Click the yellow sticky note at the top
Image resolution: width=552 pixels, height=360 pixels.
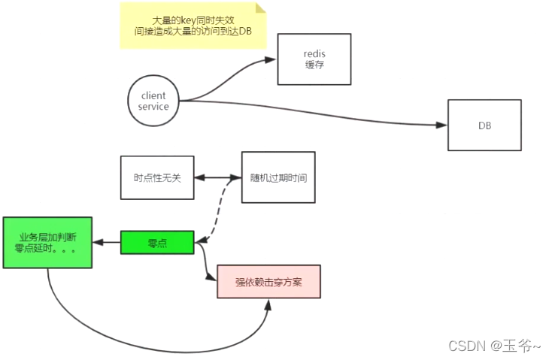[193, 26]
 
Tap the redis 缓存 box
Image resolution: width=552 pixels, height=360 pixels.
[314, 59]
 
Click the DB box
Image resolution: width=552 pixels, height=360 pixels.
[484, 125]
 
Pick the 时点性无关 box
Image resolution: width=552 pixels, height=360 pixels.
[157, 178]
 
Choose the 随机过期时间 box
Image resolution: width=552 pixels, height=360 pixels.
[278, 178]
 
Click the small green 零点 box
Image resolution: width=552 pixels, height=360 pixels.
[157, 242]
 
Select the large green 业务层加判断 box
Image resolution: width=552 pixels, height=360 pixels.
[47, 242]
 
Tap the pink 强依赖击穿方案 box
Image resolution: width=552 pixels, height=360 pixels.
[268, 281]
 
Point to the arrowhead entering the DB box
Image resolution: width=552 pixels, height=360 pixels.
[443, 125]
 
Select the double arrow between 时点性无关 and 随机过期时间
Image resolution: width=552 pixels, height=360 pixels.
[217, 178]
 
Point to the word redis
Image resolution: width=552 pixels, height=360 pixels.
[314, 54]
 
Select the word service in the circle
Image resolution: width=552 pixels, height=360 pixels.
[153, 107]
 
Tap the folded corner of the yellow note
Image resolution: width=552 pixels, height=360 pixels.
[261, 8]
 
